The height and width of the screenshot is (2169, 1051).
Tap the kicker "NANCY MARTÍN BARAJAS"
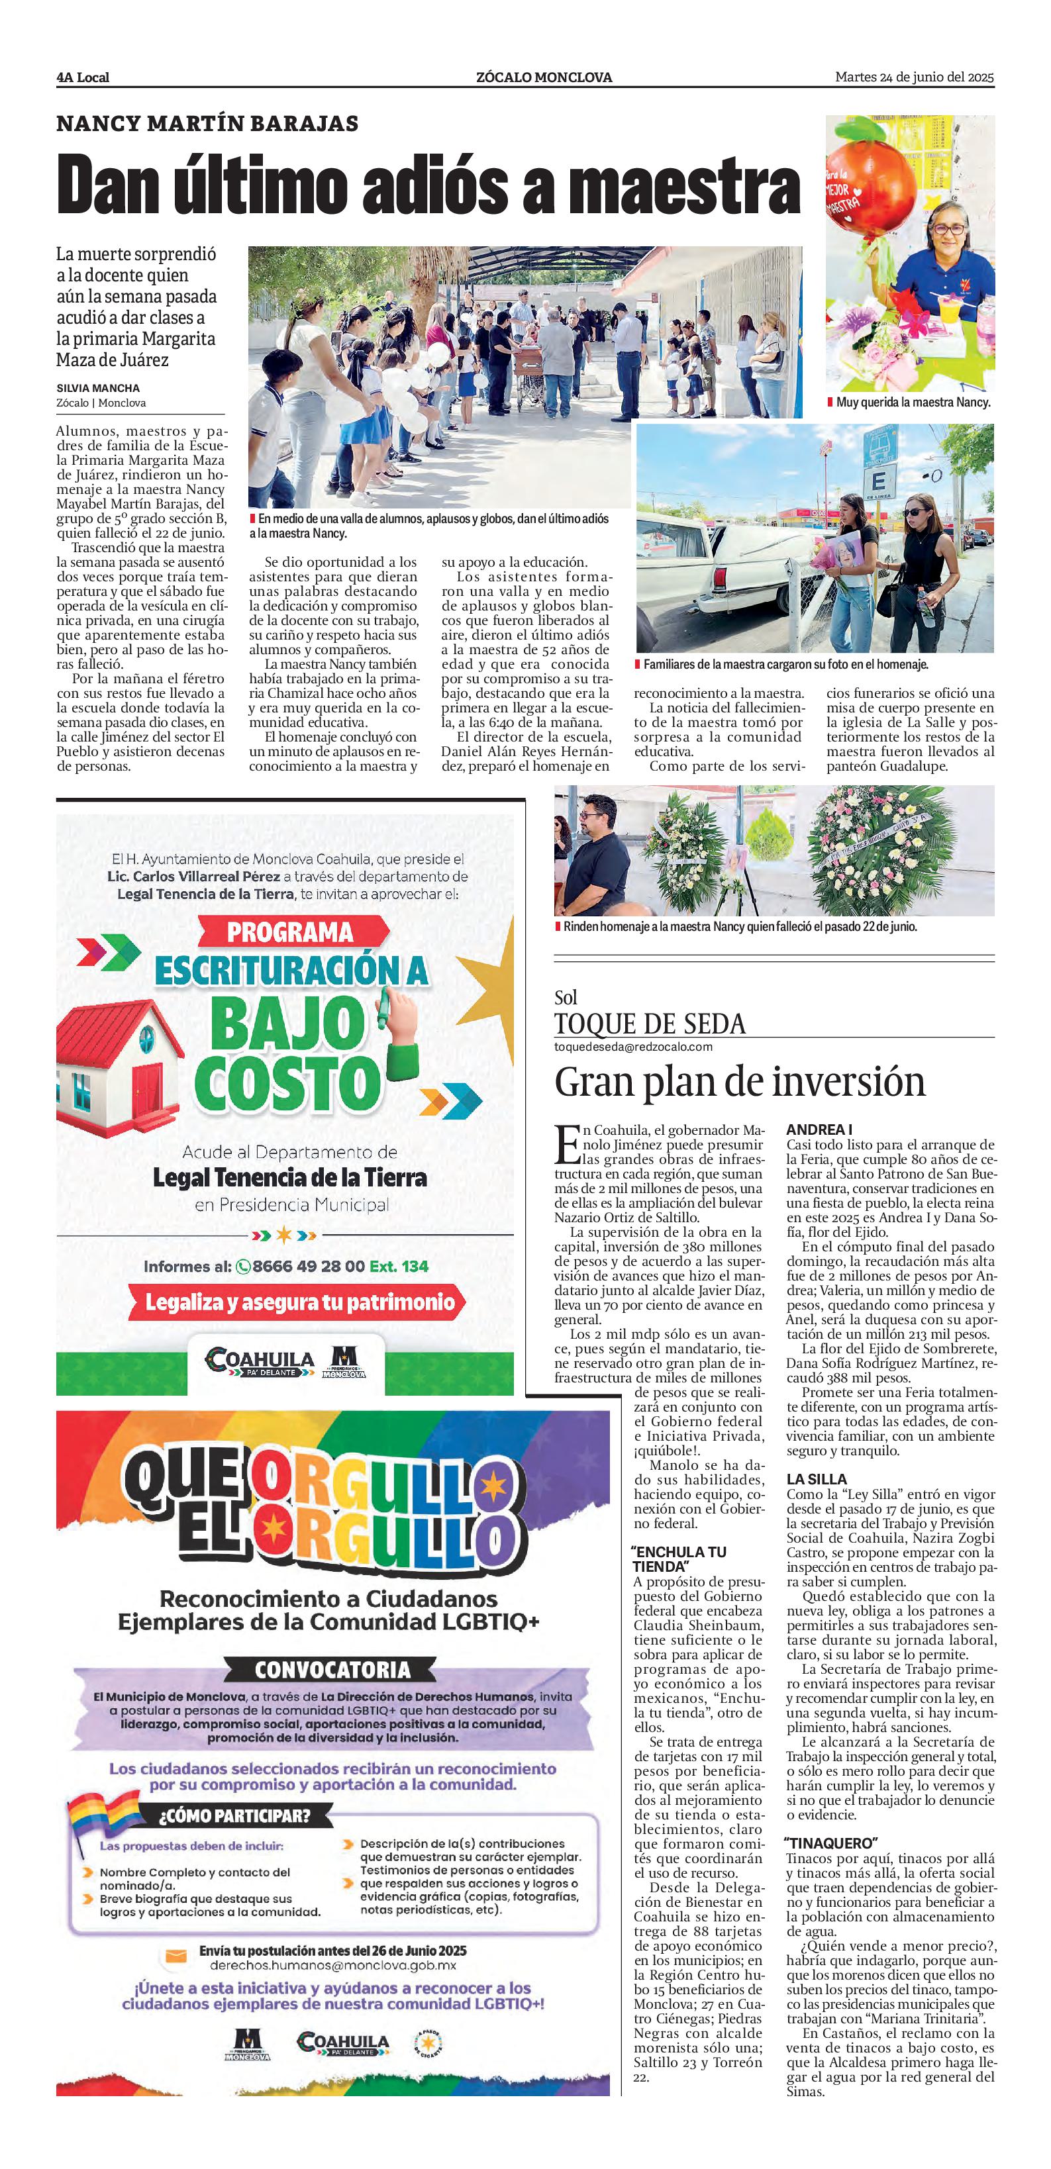coord(207,124)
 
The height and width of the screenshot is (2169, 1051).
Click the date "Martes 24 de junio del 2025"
coord(914,77)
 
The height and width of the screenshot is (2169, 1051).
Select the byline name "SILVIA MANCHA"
coord(98,388)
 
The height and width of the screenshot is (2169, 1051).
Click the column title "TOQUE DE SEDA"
coord(649,1024)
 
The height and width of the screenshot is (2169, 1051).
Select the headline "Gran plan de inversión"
coord(739,1082)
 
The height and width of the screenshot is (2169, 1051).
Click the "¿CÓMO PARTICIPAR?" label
coord(235,1815)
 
